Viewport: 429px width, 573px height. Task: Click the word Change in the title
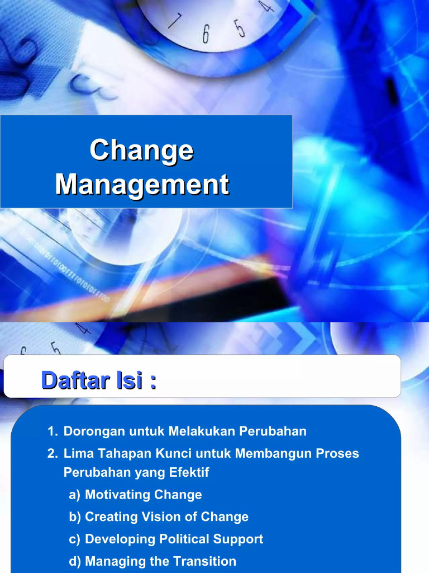(142, 151)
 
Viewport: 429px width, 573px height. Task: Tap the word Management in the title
(142, 185)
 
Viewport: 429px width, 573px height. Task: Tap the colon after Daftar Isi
(151, 384)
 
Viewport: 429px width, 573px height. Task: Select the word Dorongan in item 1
(92, 431)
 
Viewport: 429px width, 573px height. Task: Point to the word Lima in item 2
(77, 453)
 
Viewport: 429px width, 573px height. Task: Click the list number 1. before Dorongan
(53, 431)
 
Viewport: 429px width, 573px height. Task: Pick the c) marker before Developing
(75, 539)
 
